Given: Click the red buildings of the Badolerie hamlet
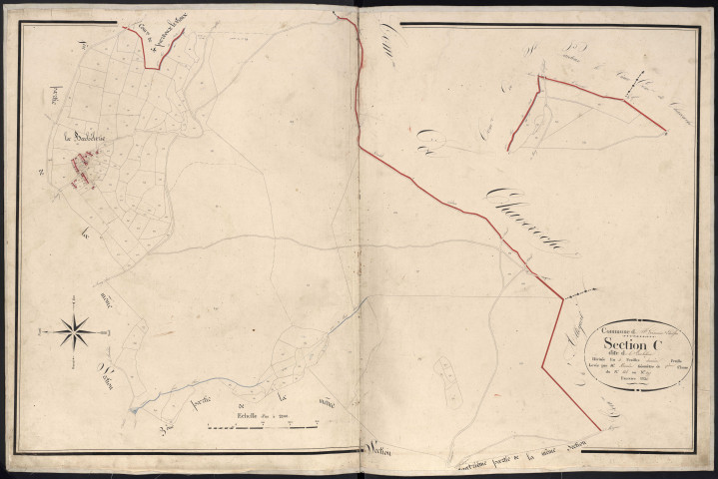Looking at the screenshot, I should click(x=83, y=165).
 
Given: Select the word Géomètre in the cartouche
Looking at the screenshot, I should click(x=659, y=378).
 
